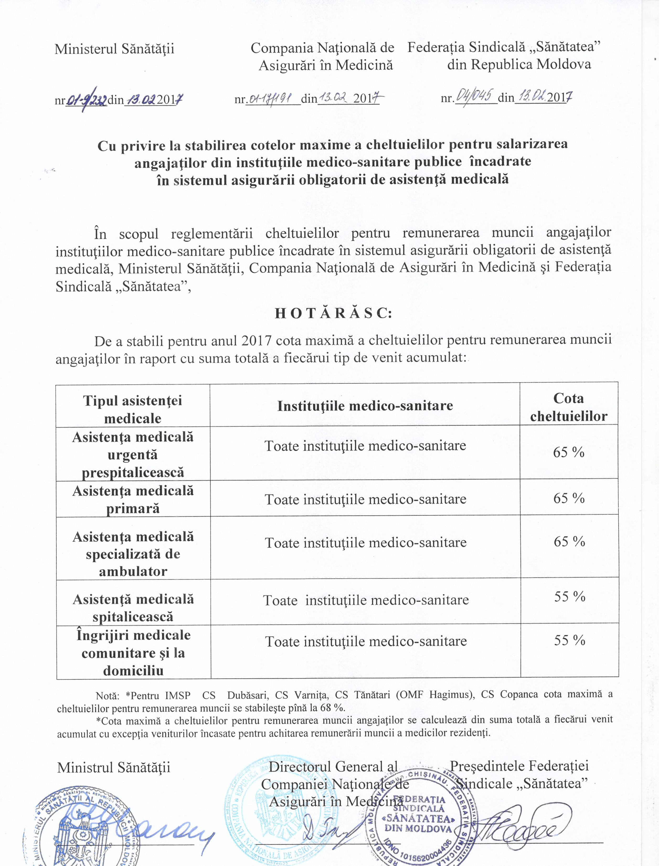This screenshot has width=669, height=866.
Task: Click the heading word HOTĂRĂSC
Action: [x=333, y=313]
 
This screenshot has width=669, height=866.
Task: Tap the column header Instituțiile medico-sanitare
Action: [x=365, y=406]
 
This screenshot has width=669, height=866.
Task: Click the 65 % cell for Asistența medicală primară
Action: [x=569, y=498]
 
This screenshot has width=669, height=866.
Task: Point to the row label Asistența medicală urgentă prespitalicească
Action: [x=133, y=455]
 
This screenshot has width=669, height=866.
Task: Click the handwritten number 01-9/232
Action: [x=86, y=99]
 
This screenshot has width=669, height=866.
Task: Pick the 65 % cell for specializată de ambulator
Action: [x=569, y=542]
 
